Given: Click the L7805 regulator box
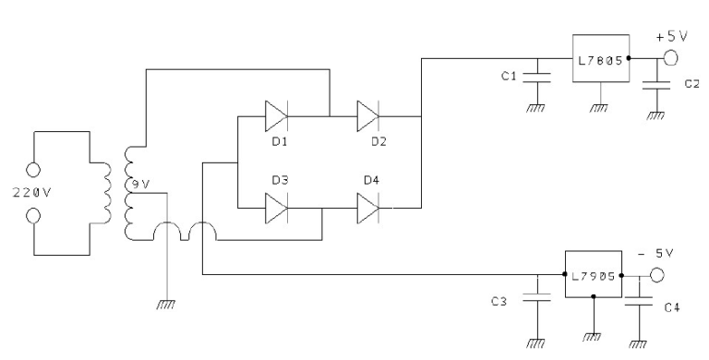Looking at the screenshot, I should click(x=599, y=57).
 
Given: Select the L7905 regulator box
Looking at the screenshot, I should click(x=592, y=275).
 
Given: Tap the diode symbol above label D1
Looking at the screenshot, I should click(x=276, y=117).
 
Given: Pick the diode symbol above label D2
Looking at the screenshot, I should click(x=368, y=117).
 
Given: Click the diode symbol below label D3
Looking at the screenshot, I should click(x=276, y=209).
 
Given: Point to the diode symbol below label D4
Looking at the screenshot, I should click(x=368, y=209).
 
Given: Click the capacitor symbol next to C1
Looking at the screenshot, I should click(x=533, y=75).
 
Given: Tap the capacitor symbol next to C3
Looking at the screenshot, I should click(x=535, y=298).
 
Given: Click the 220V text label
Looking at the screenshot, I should click(x=31, y=196).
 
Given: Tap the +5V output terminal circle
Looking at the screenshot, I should click(x=667, y=58).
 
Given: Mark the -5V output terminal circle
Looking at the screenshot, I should click(x=656, y=275).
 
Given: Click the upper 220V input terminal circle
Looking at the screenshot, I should click(x=32, y=170).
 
